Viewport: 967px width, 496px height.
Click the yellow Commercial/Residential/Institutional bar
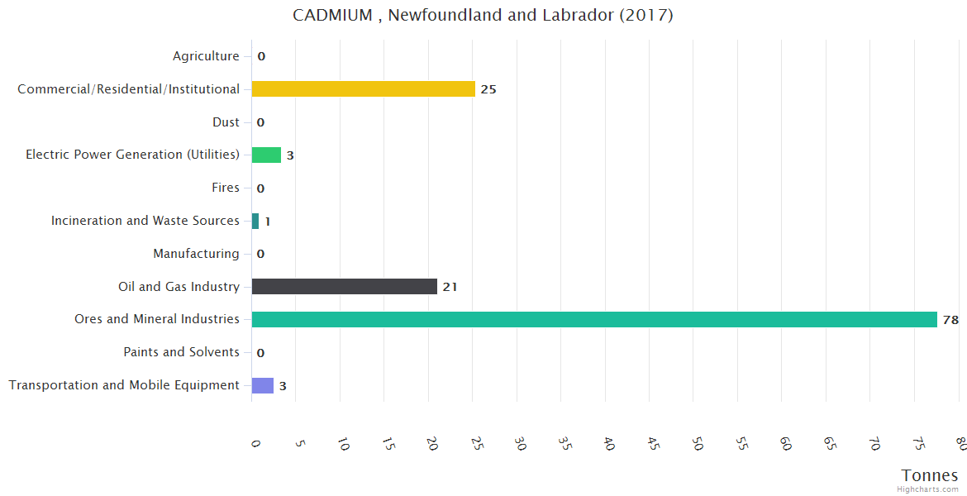tap(363, 89)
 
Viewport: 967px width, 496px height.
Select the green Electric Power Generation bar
tap(266, 155)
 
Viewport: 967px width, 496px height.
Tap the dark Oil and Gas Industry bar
tap(344, 287)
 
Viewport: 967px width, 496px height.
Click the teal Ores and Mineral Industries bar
tap(593, 320)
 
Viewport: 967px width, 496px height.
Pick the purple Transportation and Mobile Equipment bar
tap(262, 385)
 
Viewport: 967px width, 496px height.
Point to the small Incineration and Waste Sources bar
tap(255, 221)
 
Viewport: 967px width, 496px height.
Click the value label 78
tap(950, 320)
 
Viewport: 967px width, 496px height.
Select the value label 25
tap(488, 89)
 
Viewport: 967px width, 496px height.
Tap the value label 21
tap(450, 287)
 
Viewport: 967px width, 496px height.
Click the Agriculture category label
tap(206, 56)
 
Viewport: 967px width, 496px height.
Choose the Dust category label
tap(226, 122)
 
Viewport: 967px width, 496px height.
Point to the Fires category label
tap(226, 188)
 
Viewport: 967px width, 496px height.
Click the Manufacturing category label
tap(196, 254)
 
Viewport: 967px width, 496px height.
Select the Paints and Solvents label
tap(181, 352)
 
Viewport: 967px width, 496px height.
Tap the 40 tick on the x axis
tap(608, 444)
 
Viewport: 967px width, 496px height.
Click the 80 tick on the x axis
tap(960, 444)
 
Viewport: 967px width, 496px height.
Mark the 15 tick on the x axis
tap(388, 444)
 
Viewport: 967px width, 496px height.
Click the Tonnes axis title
tap(930, 475)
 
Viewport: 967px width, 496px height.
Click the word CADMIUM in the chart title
tap(333, 15)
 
